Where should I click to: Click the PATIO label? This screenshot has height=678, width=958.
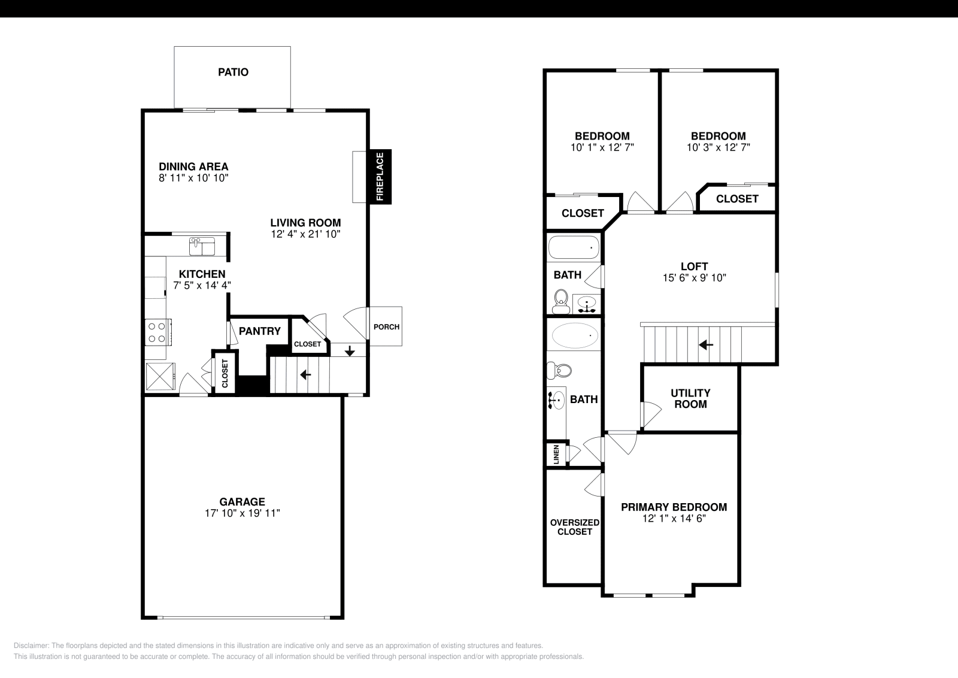click(x=233, y=72)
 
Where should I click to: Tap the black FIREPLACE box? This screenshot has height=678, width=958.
click(x=380, y=177)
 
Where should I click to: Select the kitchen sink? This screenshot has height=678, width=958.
click(x=202, y=246)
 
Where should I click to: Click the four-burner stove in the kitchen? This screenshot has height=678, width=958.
click(x=157, y=332)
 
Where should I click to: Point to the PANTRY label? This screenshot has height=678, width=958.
click(x=260, y=331)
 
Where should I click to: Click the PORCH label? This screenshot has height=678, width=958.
click(x=386, y=326)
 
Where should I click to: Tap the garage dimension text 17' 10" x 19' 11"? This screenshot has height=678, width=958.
click(x=242, y=513)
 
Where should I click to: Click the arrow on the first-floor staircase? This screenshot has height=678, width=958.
click(x=305, y=375)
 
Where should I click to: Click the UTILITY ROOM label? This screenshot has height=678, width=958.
click(x=690, y=398)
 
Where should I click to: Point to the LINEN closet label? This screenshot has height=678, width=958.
click(x=557, y=454)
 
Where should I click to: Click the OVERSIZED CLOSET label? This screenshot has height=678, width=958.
click(x=575, y=527)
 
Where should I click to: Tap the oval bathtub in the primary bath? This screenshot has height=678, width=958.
click(x=575, y=336)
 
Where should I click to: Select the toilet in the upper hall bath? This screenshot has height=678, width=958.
click(x=561, y=301)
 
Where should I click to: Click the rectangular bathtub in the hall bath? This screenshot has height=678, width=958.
click(x=574, y=247)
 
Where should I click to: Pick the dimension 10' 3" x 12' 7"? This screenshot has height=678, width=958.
click(x=718, y=147)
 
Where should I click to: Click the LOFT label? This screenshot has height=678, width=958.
click(x=694, y=267)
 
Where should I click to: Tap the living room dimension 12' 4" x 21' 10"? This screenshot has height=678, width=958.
click(x=305, y=234)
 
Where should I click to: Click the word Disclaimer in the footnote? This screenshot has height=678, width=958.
click(x=31, y=646)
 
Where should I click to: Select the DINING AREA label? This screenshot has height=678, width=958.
click(x=193, y=167)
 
